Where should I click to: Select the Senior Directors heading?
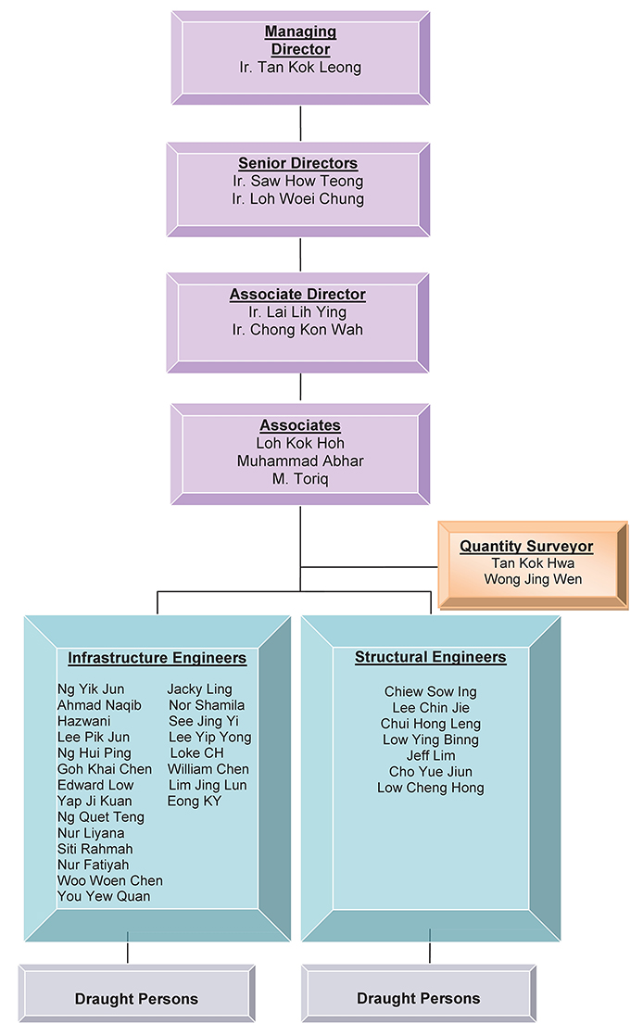(x=297, y=164)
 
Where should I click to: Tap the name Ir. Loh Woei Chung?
(x=297, y=199)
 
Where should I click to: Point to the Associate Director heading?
(x=297, y=295)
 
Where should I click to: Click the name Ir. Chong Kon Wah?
(x=297, y=330)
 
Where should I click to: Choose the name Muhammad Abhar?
(x=300, y=461)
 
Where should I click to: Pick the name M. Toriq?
(x=300, y=478)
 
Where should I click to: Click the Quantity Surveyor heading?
(x=526, y=547)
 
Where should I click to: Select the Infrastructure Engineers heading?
(x=157, y=659)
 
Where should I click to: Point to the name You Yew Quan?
(x=104, y=896)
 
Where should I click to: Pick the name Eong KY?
(x=195, y=801)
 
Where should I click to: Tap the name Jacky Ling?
(x=199, y=689)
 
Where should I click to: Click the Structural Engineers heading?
(x=430, y=658)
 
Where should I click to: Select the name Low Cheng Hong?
(x=430, y=788)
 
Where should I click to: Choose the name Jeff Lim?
(x=430, y=755)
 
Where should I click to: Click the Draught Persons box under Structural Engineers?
(x=419, y=998)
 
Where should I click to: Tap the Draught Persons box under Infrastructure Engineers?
(x=136, y=998)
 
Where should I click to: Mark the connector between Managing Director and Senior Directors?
(x=300, y=123)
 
